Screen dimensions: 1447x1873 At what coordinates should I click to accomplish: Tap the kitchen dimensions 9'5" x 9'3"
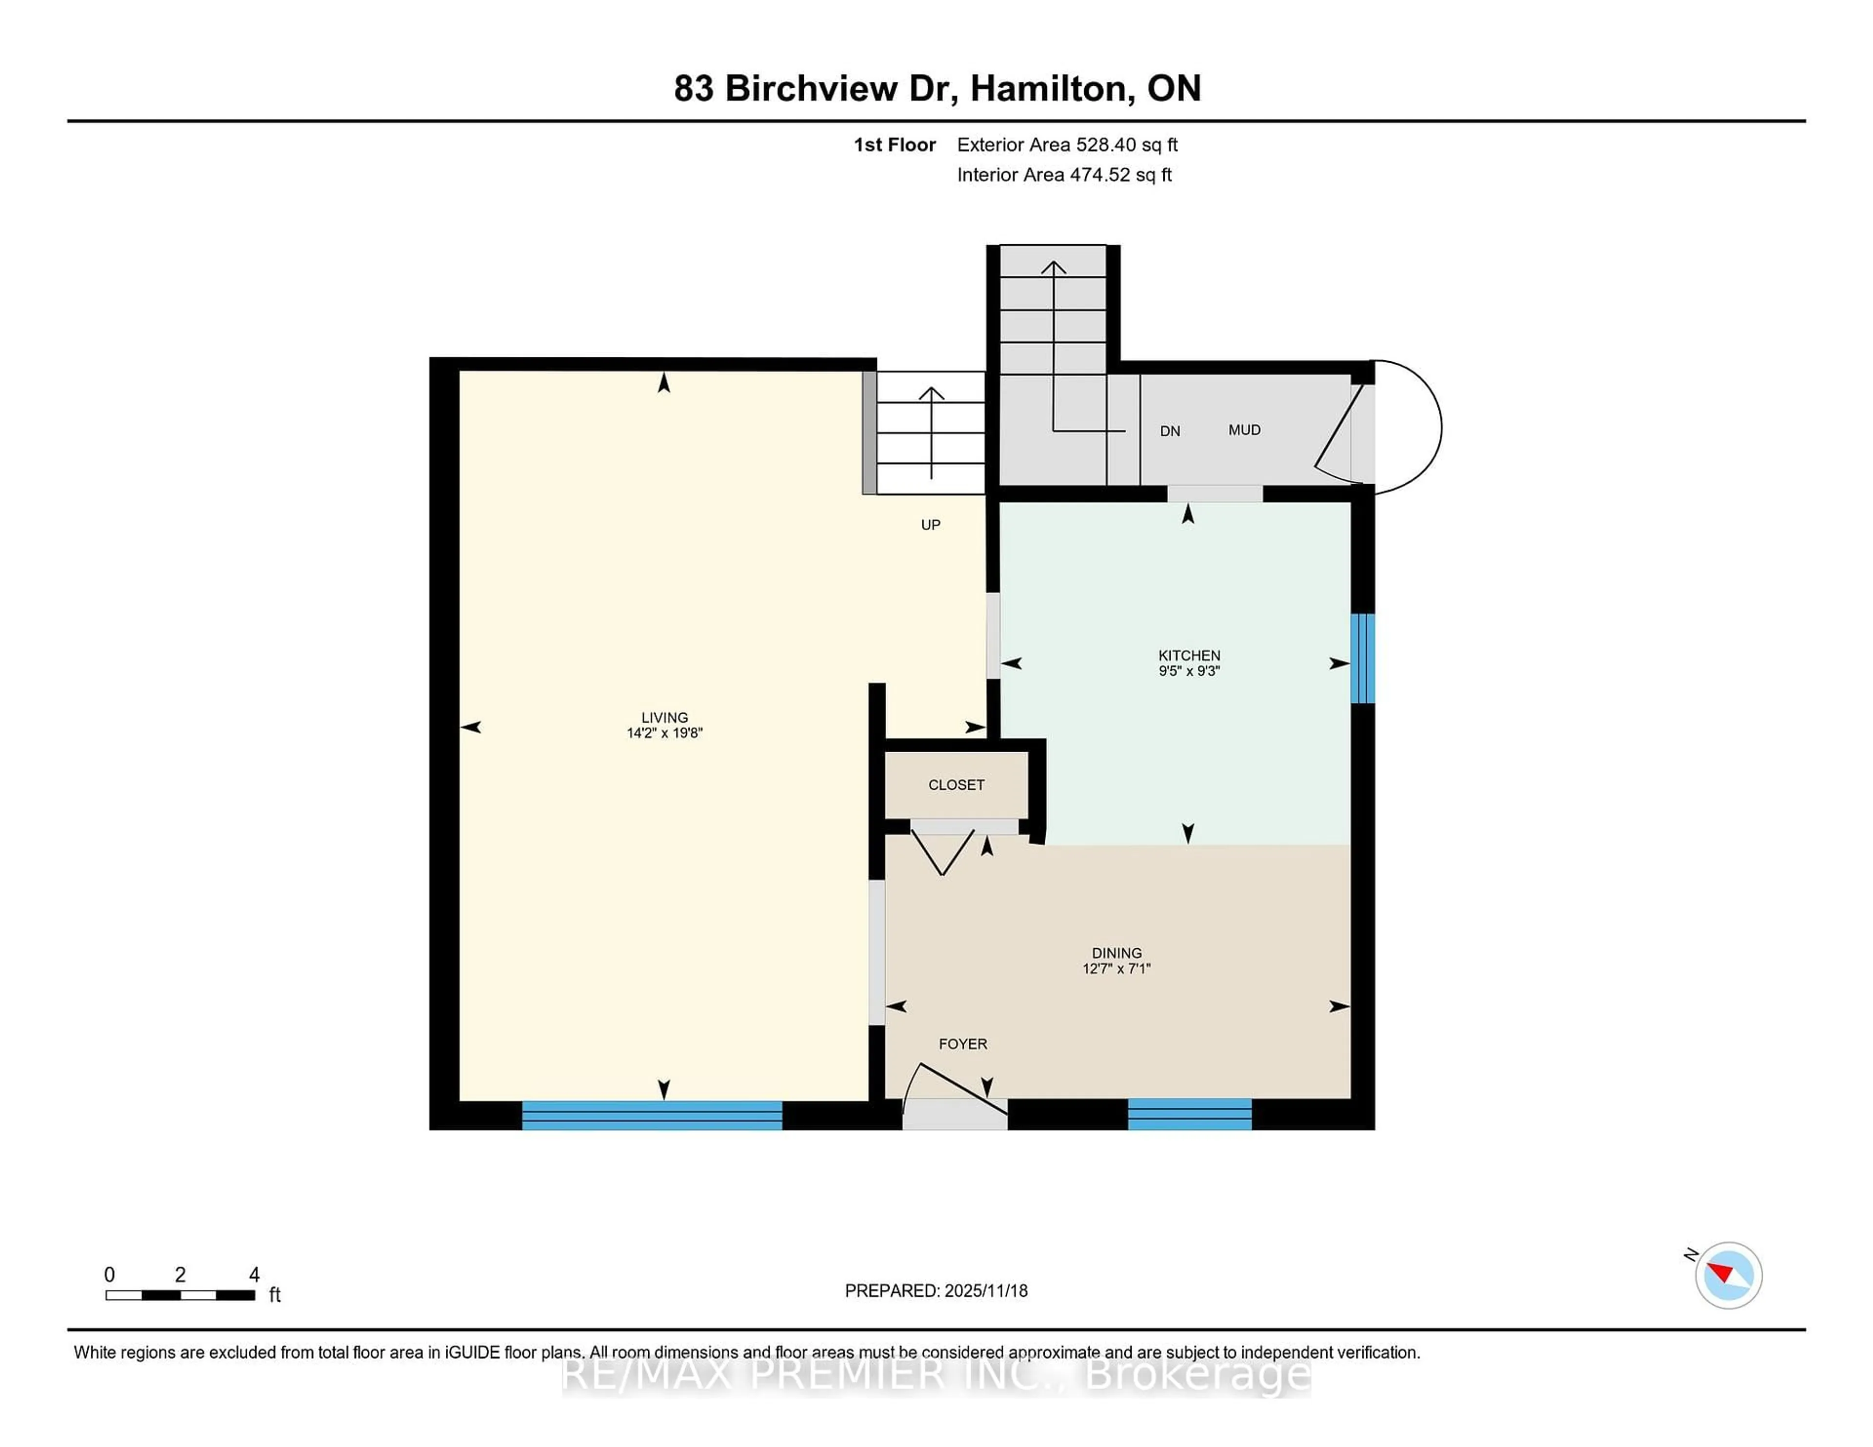1189,671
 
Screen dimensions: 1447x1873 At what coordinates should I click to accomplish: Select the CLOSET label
956,784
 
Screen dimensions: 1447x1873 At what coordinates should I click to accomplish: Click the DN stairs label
1170,431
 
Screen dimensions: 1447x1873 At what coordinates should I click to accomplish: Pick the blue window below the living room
652,1115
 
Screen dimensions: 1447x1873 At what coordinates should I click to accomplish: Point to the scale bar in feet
180,1294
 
